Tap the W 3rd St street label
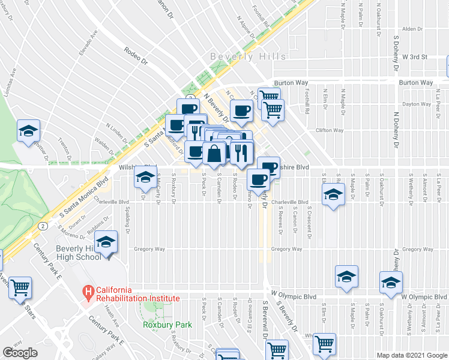pos(414,57)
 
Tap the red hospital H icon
pos(89,293)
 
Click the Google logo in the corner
pos(19,352)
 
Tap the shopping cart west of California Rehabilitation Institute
pos(20,288)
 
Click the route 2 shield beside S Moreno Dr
pos(43,226)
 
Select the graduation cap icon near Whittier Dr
pos(27,131)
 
